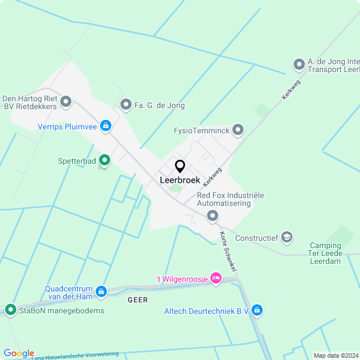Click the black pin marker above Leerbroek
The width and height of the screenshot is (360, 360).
click(x=180, y=166)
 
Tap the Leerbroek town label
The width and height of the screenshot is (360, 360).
click(x=180, y=181)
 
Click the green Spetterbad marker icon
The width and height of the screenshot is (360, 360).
click(x=105, y=160)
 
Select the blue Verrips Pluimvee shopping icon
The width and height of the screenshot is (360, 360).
click(x=105, y=125)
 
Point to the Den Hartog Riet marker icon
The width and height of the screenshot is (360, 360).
click(x=66, y=102)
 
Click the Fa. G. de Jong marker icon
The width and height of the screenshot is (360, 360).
click(x=125, y=104)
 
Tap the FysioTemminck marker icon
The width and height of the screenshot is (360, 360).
click(x=238, y=130)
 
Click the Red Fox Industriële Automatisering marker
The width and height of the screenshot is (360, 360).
click(x=213, y=215)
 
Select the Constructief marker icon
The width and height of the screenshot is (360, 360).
click(x=287, y=237)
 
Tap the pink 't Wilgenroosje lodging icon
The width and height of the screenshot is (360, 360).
click(x=216, y=278)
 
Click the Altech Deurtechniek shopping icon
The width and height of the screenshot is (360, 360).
click(x=257, y=310)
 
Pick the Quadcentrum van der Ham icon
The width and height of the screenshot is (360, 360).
click(x=101, y=291)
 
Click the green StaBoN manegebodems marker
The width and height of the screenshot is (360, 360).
click(x=10, y=310)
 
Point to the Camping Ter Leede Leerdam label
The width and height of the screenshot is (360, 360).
click(x=325, y=254)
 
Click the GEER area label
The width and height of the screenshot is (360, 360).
click(x=138, y=300)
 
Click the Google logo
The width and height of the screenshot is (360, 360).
click(x=19, y=353)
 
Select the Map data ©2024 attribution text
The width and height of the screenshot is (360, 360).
click(x=335, y=355)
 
